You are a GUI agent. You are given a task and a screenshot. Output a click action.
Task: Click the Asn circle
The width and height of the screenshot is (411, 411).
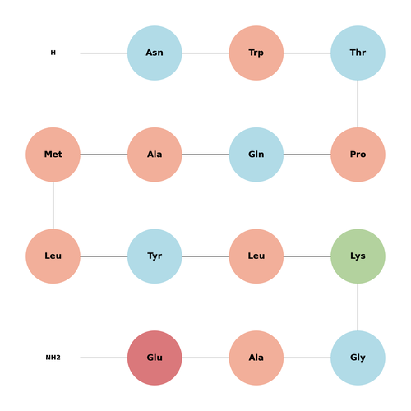pyautogui.click(x=155, y=53)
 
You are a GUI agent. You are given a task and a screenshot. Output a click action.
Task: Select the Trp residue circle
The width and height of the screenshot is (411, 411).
pyautogui.click(x=256, y=53)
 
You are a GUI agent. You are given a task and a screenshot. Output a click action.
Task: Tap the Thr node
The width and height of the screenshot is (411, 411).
pyautogui.click(x=358, y=53)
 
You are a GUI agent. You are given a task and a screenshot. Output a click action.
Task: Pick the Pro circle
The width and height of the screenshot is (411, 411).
pyautogui.click(x=358, y=155)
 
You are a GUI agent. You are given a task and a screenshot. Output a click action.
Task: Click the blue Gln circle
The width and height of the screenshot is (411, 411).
pyautogui.click(x=256, y=155)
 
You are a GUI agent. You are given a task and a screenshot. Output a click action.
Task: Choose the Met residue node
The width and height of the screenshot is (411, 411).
pyautogui.click(x=53, y=155)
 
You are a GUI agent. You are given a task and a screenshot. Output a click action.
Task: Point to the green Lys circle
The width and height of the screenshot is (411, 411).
pyautogui.click(x=358, y=256)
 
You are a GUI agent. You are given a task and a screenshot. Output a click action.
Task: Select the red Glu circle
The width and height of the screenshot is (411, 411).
pyautogui.click(x=155, y=358)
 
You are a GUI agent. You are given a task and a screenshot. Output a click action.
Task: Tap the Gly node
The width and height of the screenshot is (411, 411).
pyautogui.click(x=358, y=358)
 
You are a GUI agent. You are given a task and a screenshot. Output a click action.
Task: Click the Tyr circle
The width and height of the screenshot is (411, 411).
pyautogui.click(x=155, y=256)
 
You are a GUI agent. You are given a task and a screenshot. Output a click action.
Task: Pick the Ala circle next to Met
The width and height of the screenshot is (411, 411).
pyautogui.click(x=155, y=155)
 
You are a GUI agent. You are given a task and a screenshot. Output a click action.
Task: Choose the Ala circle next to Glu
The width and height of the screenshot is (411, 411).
pyautogui.click(x=256, y=358)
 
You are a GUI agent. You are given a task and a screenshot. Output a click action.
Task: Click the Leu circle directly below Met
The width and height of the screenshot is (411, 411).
pyautogui.click(x=53, y=256)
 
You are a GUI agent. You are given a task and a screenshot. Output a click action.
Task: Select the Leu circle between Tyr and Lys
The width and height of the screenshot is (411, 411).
pyautogui.click(x=256, y=256)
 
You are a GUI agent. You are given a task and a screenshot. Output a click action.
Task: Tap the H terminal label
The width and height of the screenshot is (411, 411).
pyautogui.click(x=53, y=53)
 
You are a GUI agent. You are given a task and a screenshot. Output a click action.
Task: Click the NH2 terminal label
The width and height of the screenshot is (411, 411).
pyautogui.click(x=53, y=358)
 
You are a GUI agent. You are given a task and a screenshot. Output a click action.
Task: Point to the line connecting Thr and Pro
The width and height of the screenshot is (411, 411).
pyautogui.click(x=358, y=104)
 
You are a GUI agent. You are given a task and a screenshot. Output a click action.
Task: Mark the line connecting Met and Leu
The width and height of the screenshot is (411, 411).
pyautogui.click(x=53, y=205)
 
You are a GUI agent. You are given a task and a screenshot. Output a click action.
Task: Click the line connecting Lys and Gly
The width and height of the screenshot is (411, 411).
pyautogui.click(x=358, y=307)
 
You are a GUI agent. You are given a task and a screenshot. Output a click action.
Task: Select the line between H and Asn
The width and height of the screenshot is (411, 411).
pyautogui.click(x=104, y=53)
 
